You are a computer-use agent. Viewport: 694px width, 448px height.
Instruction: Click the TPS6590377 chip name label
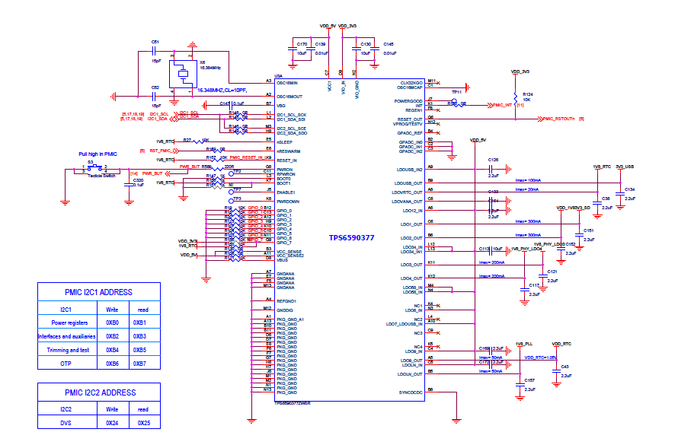[x=351, y=237]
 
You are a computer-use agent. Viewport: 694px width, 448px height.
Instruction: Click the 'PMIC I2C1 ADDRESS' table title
[x=98, y=292]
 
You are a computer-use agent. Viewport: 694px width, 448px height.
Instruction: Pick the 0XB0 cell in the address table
[x=112, y=322]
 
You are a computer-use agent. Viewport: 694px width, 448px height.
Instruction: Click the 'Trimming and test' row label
[x=64, y=350]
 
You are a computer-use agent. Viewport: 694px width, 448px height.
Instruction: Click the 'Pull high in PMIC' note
[x=98, y=154]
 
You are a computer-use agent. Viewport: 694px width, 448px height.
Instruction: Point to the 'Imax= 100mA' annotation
[x=528, y=180]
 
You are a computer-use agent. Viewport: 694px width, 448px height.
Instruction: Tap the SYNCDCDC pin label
[x=410, y=392]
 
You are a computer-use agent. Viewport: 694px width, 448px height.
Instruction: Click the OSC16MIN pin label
[x=291, y=81]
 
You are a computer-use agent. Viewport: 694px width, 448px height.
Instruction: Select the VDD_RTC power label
[x=561, y=344]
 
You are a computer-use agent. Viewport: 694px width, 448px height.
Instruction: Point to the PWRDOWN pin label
[x=288, y=202]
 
